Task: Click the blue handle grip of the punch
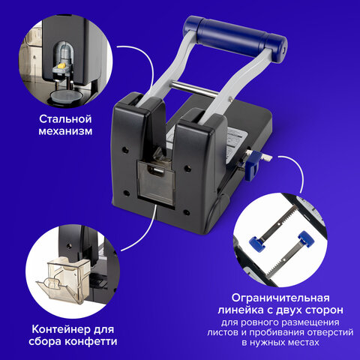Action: [235, 38]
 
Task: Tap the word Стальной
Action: [65, 119]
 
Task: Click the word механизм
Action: [65, 131]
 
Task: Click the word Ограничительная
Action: [280, 298]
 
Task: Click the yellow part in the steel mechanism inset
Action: [61, 66]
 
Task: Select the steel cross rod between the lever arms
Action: [193, 88]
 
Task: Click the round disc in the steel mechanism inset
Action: [66, 96]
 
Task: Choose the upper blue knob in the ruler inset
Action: [307, 238]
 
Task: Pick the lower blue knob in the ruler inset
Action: [257, 243]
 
